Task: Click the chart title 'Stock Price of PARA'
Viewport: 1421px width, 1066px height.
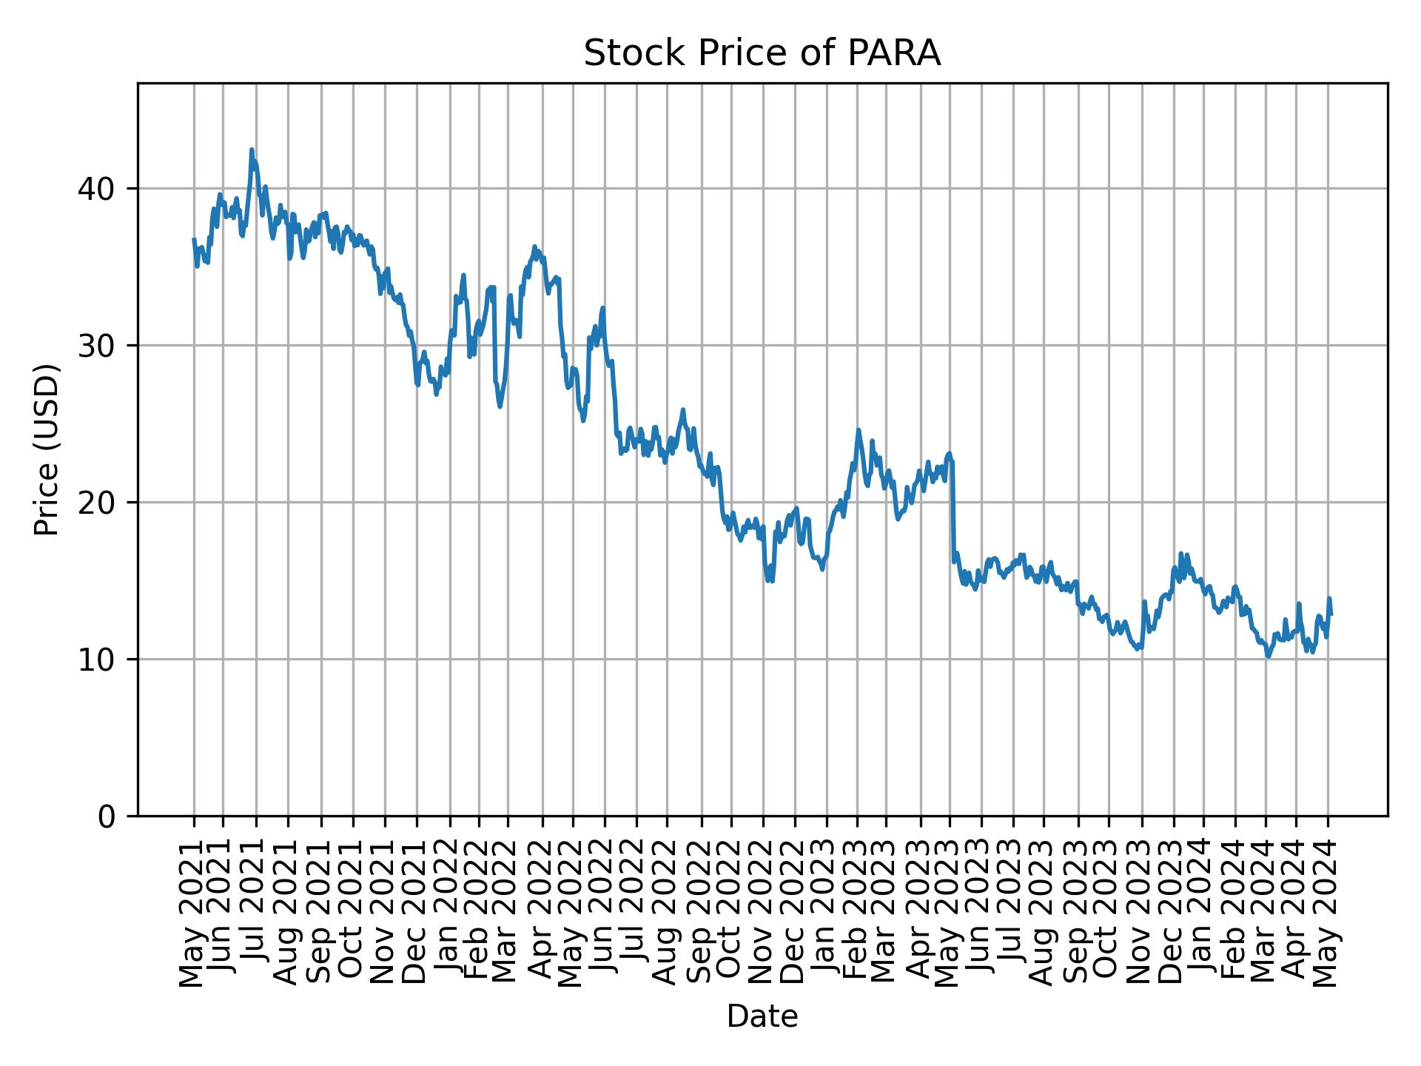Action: [762, 54]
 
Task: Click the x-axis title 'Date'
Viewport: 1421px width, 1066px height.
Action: [762, 1017]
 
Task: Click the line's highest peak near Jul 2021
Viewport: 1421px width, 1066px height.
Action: [252, 150]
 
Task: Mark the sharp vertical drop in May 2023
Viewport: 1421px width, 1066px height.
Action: [953, 511]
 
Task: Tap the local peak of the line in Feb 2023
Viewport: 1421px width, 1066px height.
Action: [859, 430]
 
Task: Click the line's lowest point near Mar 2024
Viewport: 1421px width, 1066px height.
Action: [1269, 656]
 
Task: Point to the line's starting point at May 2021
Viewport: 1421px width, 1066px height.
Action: [194, 239]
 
